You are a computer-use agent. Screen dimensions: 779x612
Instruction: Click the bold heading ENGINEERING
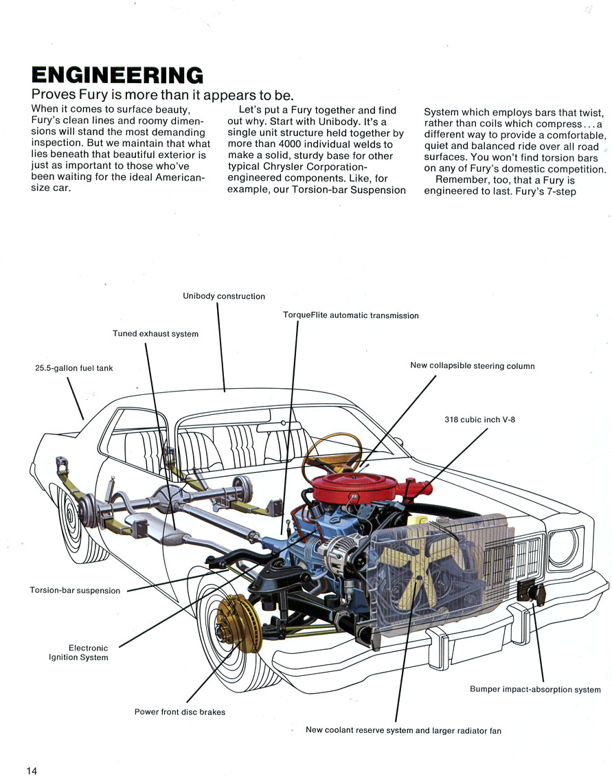[117, 75]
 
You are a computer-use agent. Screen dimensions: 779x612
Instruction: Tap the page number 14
[32, 770]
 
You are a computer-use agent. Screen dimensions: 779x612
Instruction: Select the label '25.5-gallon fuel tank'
[74, 368]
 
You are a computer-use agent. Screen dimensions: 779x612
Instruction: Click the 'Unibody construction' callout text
[224, 296]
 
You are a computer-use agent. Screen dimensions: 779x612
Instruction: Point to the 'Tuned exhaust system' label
[156, 334]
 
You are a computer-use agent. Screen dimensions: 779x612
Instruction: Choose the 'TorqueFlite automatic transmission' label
[351, 315]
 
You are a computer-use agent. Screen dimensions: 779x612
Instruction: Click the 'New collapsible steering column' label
[473, 366]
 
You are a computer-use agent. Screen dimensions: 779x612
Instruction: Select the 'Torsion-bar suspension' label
[75, 590]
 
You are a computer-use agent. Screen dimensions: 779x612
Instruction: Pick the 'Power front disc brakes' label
[180, 712]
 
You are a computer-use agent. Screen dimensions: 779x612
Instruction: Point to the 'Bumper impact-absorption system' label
[536, 689]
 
